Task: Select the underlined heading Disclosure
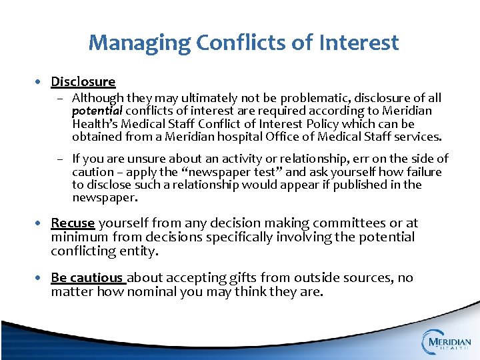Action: tap(83, 82)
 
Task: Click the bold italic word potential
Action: tap(97, 111)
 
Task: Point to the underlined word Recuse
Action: tap(72, 223)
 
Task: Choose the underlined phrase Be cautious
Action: tap(87, 277)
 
